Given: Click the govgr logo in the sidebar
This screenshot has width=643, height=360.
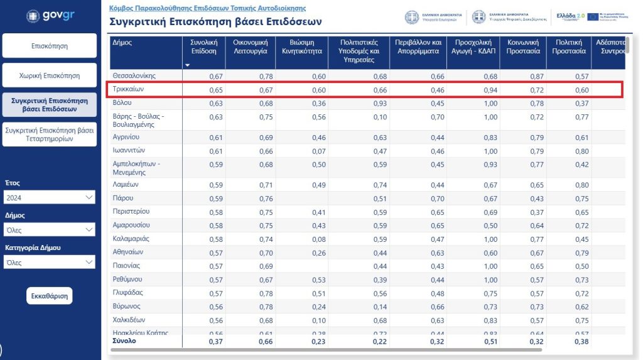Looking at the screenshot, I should coord(50,16).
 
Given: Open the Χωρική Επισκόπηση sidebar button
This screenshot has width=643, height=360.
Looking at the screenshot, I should coord(50,75).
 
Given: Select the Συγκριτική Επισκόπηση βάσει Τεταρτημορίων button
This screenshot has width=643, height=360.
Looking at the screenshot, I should coord(50,134).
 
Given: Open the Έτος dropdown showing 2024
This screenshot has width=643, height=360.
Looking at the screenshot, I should coord(49,198).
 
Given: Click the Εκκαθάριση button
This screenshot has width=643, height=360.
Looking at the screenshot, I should coord(50,296).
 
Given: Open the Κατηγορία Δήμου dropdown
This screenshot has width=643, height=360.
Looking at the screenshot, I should coord(49,263).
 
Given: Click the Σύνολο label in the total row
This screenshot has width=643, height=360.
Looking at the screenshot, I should coord(124,341).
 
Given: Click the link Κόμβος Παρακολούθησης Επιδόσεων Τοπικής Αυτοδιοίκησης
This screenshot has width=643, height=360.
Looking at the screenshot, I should coord(207,8).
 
